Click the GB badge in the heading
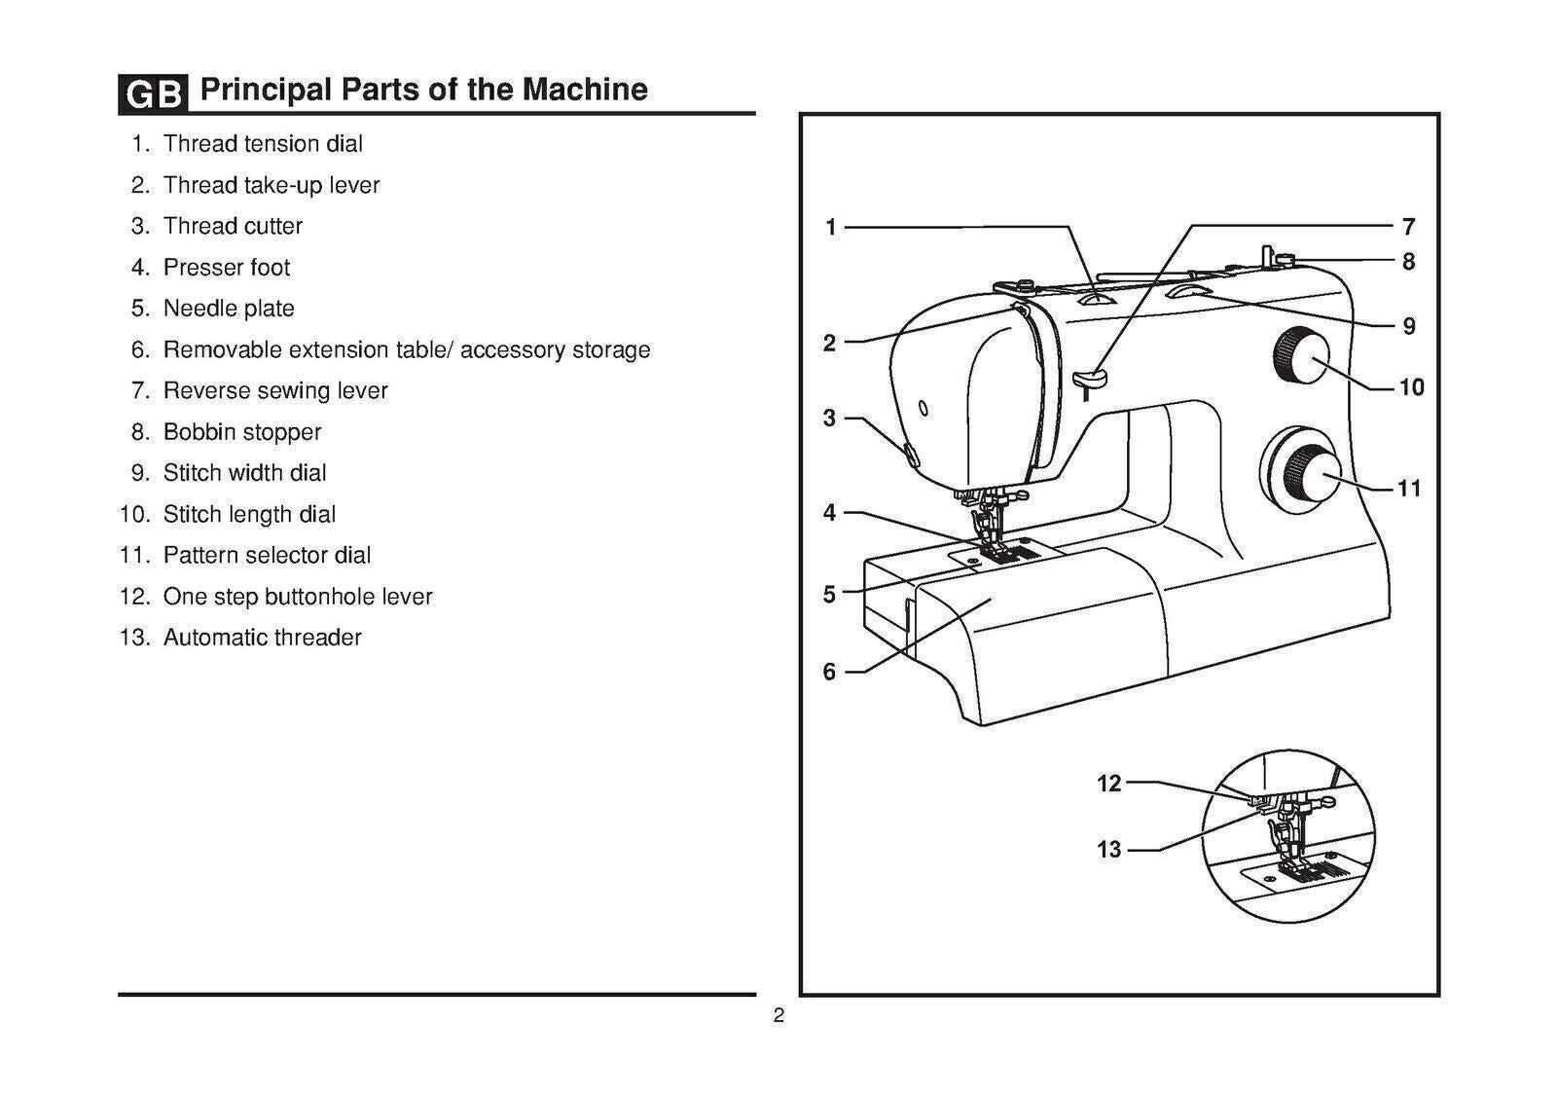tap(153, 93)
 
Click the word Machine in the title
tap(585, 90)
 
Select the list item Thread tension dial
tap(263, 144)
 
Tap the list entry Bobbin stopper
tap(241, 432)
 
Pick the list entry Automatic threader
tap(262, 638)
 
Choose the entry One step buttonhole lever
tap(297, 597)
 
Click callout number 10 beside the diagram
tap(1411, 387)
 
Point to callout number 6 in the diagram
tap(829, 672)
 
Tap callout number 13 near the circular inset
tap(1109, 850)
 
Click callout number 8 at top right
tap(1408, 262)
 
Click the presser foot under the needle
tap(997, 549)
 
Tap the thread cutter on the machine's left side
tap(909, 453)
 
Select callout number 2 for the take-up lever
tap(829, 343)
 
